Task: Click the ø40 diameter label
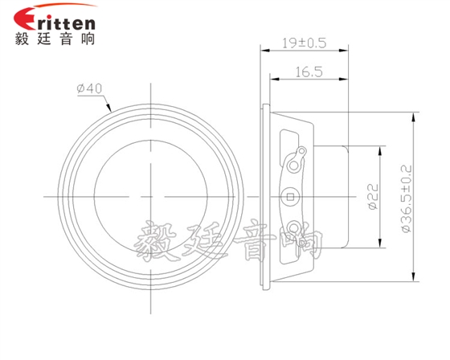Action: coord(88,89)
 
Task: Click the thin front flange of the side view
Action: coord(266,195)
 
